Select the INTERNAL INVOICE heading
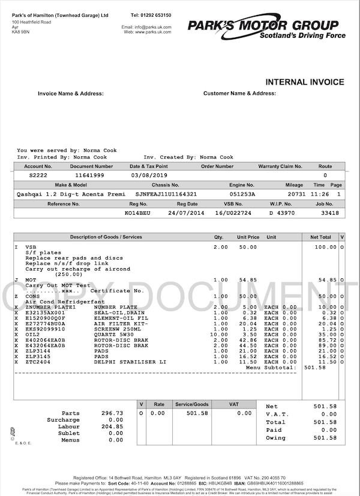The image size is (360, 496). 305,82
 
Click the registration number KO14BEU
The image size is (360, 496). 137,213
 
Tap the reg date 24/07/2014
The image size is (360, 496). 186,213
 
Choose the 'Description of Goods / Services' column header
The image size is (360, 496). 106,237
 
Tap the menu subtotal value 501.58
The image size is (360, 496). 314,367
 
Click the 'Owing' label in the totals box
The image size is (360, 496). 275,438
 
